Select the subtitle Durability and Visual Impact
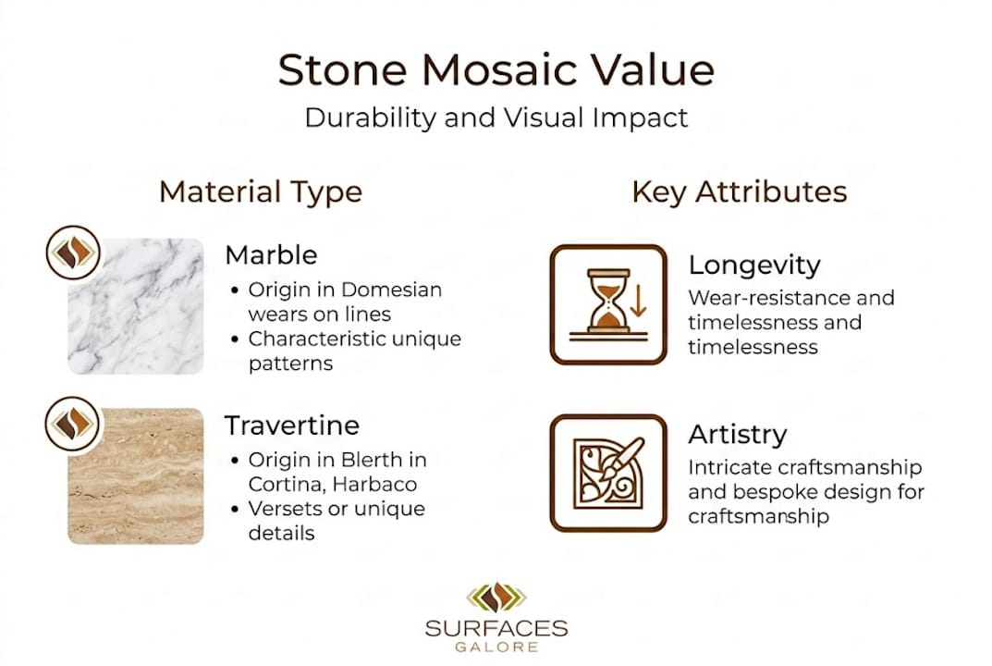click(x=496, y=117)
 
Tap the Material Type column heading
click(x=261, y=191)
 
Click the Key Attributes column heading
click(x=740, y=191)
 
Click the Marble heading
click(x=271, y=254)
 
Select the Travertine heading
click(x=291, y=425)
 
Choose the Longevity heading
click(x=754, y=265)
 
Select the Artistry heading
click(x=738, y=435)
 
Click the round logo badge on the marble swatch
click(x=72, y=253)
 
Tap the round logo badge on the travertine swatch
click(x=72, y=424)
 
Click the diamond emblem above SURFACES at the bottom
click(x=496, y=598)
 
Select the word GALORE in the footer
click(x=496, y=647)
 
